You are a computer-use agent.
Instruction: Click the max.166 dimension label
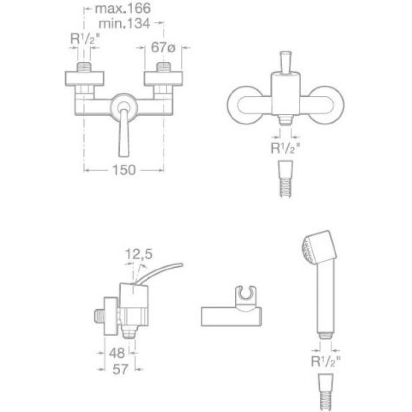123,8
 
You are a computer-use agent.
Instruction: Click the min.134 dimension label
124,23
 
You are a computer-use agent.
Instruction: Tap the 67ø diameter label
163,47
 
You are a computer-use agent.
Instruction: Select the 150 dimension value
124,170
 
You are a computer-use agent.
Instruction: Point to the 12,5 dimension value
139,254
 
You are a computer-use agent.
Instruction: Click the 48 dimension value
117,353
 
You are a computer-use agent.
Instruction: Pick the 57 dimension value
120,369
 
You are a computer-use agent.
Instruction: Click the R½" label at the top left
85,39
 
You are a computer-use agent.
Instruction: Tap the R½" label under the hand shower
325,362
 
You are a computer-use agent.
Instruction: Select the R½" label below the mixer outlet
286,148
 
